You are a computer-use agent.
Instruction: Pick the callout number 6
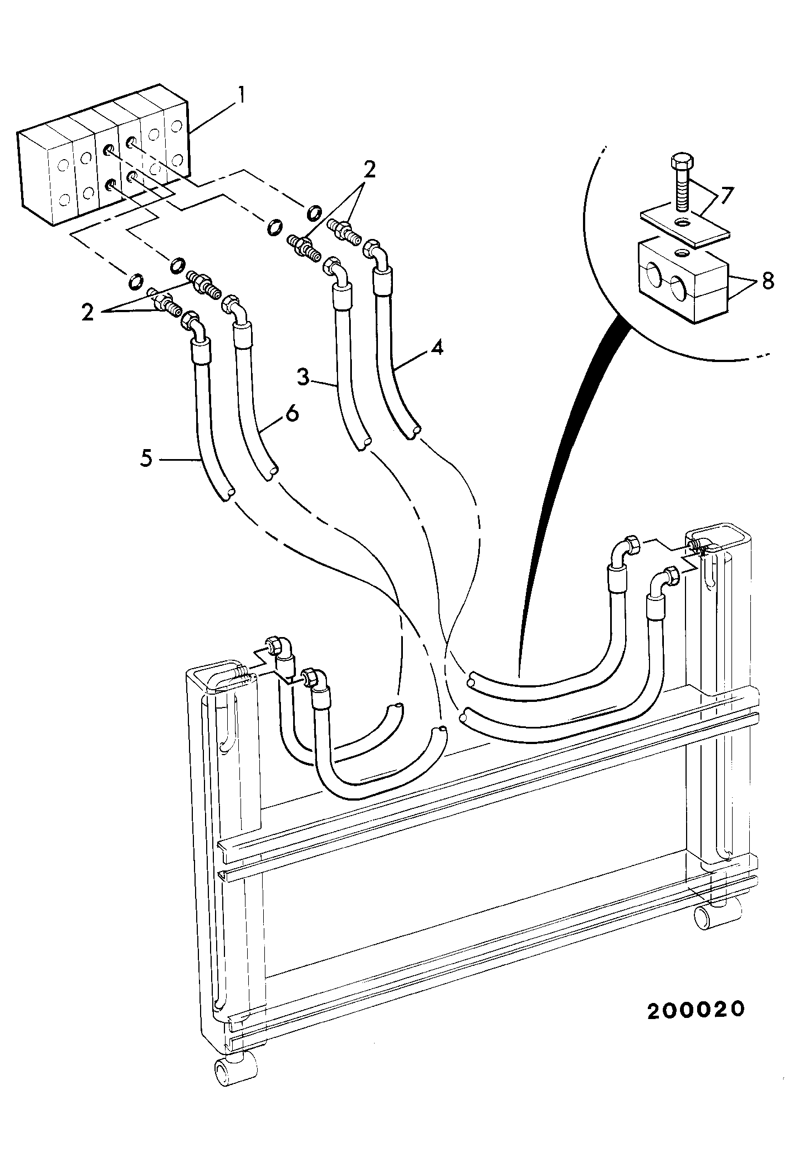point(292,413)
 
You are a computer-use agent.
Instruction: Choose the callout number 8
point(768,281)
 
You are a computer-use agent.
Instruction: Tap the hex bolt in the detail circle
point(681,182)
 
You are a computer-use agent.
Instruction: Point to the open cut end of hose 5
point(228,494)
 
